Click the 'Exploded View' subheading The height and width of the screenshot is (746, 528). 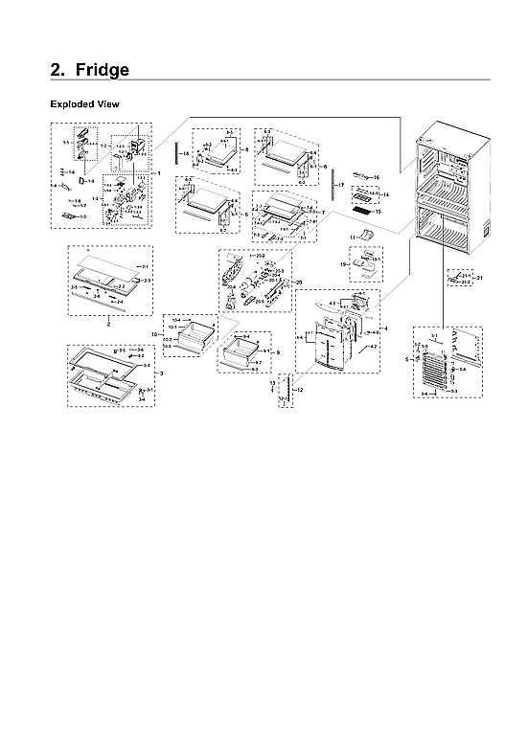tap(84, 103)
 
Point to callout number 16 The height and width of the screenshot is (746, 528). tap(377, 178)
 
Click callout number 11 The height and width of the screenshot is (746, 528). tap(352, 236)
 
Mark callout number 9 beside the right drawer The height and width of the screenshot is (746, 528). tap(278, 353)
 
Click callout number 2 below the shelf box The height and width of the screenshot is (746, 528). tap(107, 325)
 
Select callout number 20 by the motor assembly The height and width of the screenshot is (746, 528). tap(298, 282)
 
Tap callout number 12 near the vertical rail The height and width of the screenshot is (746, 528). tap(299, 390)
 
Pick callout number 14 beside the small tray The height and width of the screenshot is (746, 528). tap(387, 194)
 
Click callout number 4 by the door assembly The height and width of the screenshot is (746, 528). tap(386, 329)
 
